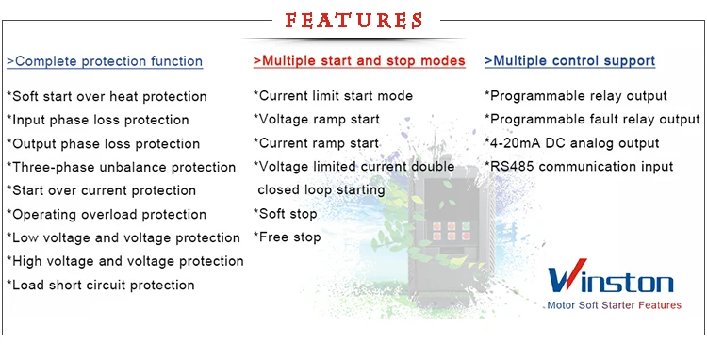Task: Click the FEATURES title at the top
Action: [x=353, y=20]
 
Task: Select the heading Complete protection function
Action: [x=105, y=61]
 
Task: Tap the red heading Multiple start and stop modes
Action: [x=359, y=61]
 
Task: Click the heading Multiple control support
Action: [x=570, y=61]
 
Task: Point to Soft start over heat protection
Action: [x=107, y=96]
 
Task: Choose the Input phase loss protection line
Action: [x=98, y=120]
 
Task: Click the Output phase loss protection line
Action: [x=104, y=143]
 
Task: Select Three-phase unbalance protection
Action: [x=122, y=167]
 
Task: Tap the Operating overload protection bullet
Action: [x=107, y=214]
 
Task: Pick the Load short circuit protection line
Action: [x=101, y=285]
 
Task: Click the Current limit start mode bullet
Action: [x=333, y=96]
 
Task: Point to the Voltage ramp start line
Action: [x=317, y=120]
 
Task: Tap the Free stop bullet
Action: [x=288, y=237]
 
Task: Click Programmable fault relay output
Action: [x=592, y=120]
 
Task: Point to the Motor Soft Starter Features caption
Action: [x=613, y=306]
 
